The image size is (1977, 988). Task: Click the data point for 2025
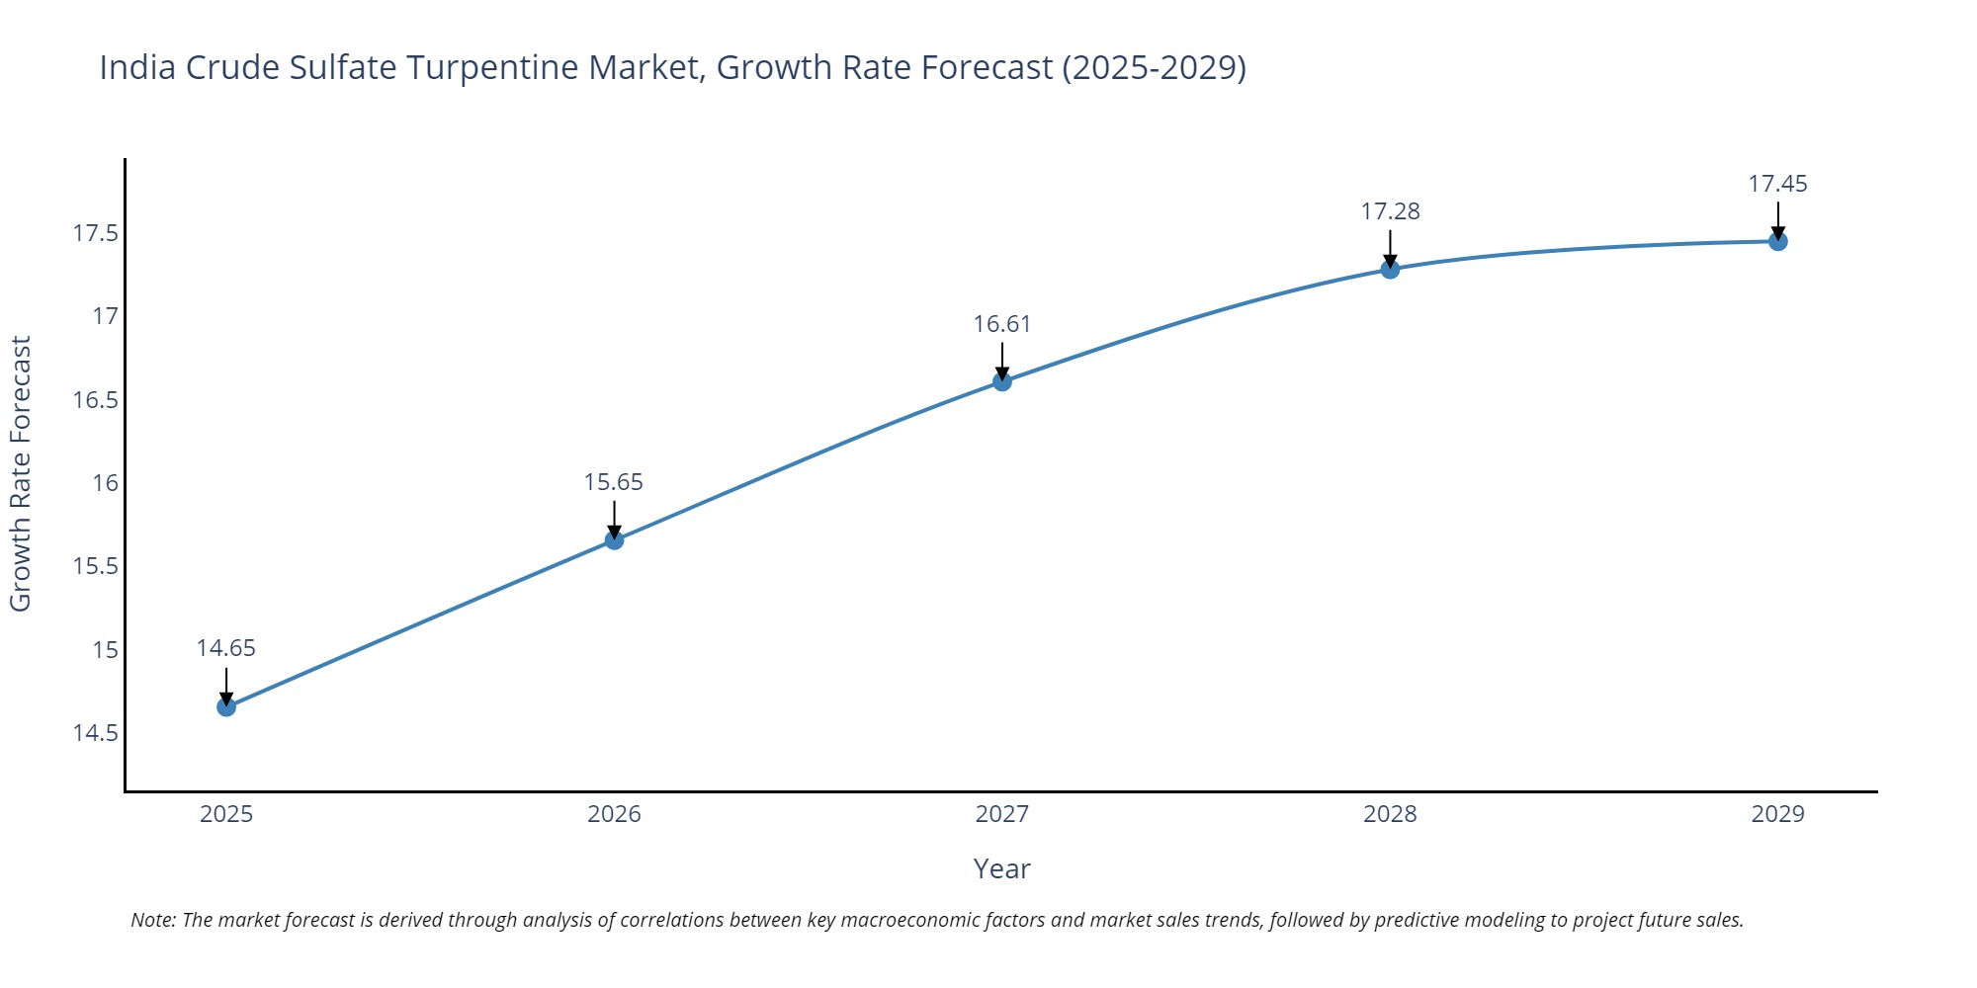226,706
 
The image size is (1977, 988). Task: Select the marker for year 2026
614,539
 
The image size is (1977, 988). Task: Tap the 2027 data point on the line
1002,380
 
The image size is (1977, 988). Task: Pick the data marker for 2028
1390,269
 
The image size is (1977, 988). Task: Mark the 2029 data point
1777,241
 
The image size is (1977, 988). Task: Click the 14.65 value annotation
225,648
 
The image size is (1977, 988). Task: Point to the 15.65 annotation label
613,482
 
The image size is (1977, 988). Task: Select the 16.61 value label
1001,324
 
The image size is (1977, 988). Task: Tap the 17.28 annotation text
1390,211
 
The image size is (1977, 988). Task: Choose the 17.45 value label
1777,184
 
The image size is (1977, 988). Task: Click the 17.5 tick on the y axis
95,233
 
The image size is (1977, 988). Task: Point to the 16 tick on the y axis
105,483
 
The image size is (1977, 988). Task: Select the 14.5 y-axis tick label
95,733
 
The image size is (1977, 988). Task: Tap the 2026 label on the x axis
614,814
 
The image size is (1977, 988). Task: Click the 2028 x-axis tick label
1390,814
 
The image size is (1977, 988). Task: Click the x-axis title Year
1001,868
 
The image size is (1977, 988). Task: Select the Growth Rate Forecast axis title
21,474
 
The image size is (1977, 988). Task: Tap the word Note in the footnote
152,920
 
